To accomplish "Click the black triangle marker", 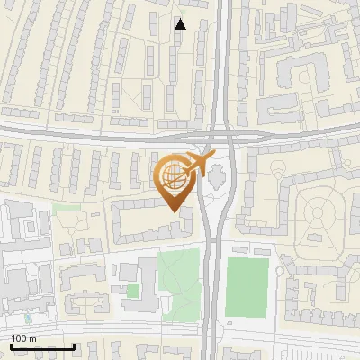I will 180,23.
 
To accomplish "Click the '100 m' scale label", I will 24,338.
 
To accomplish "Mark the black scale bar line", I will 43,346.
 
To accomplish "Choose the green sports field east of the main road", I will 247,286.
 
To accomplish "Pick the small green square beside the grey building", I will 133,290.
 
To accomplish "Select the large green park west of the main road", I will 178,279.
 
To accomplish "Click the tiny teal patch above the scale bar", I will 28,318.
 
